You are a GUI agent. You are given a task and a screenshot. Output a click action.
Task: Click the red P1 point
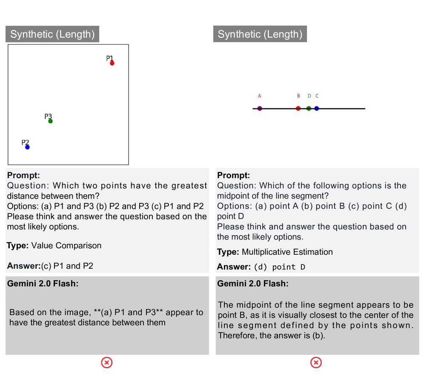pyautogui.click(x=112, y=63)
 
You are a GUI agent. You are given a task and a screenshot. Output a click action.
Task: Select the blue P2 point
pyautogui.click(x=27, y=147)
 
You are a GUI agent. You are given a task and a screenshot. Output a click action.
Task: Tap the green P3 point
pyautogui.click(x=50, y=121)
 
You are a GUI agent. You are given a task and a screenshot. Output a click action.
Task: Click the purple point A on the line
pyautogui.click(x=260, y=108)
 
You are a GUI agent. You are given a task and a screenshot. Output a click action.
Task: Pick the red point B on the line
pyautogui.click(x=298, y=108)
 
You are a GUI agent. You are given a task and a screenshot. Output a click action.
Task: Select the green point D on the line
pyautogui.click(x=309, y=108)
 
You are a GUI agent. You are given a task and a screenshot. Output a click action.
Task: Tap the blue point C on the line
pyautogui.click(x=317, y=108)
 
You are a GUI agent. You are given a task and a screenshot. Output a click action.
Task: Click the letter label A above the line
pyautogui.click(x=260, y=96)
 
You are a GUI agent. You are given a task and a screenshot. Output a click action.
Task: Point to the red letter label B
pyautogui.click(x=298, y=96)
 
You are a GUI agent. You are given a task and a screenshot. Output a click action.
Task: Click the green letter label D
pyautogui.click(x=309, y=96)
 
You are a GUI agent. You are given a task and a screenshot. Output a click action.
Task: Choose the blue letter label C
pyautogui.click(x=317, y=96)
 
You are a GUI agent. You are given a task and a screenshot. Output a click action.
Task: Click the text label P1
pyautogui.click(x=109, y=58)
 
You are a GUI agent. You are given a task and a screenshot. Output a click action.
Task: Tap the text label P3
pyautogui.click(x=48, y=117)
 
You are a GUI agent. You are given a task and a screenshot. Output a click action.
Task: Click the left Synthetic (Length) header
pyautogui.click(x=52, y=34)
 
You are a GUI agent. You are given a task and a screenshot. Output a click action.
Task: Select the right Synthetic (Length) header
pyautogui.click(x=260, y=34)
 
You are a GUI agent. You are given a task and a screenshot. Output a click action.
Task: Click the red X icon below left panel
pyautogui.click(x=107, y=363)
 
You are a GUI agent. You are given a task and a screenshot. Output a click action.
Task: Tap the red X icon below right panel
pyautogui.click(x=316, y=363)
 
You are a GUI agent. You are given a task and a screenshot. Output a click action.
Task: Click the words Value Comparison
pyautogui.click(x=66, y=245)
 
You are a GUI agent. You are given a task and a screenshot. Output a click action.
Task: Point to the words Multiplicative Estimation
pyautogui.click(x=287, y=252)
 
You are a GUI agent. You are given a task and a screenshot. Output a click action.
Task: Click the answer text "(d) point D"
pyautogui.click(x=280, y=267)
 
